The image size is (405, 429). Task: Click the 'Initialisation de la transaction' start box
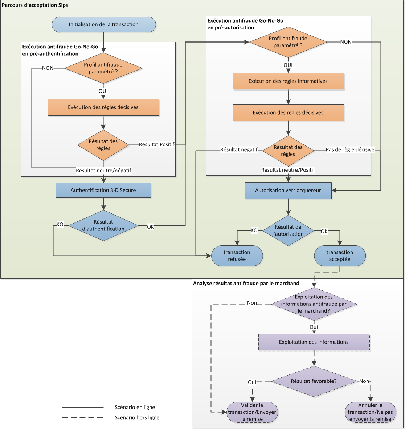tap(104, 25)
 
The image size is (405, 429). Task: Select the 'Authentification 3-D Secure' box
tap(103, 190)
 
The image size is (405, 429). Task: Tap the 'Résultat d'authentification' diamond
tap(103, 225)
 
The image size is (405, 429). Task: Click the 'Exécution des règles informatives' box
tap(288, 81)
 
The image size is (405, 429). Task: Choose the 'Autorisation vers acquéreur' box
tap(288, 190)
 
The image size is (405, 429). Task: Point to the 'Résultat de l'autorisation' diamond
tap(288, 230)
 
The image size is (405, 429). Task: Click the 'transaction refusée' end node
tap(237, 256)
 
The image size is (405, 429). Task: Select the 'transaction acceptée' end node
tap(340, 256)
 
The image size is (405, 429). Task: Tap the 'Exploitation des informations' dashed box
tap(314, 342)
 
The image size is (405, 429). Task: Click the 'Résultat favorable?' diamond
tap(314, 381)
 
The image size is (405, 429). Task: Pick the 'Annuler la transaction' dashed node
tap(370, 412)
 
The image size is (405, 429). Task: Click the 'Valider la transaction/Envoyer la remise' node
tap(252, 412)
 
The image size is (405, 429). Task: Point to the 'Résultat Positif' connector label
tap(157, 144)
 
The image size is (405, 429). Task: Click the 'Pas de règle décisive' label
tap(350, 149)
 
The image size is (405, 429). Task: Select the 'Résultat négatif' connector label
tap(239, 149)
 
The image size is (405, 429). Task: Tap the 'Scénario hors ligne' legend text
tap(137, 417)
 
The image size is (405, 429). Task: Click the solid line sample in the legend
tap(83, 407)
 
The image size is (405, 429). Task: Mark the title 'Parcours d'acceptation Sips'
tap(35, 5)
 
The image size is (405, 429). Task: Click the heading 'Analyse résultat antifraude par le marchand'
tap(246, 283)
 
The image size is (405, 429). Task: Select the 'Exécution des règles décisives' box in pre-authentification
tap(103, 107)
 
